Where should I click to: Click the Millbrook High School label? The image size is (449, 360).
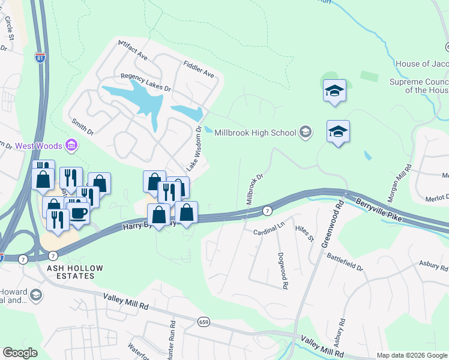coord(255,133)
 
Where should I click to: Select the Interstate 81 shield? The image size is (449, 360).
coord(40,58)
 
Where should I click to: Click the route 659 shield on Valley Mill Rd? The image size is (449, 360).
coord(204,322)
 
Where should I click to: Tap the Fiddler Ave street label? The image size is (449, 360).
coord(199,70)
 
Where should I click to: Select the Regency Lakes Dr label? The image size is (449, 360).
coord(146,82)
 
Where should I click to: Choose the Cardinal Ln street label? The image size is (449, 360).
coord(268,231)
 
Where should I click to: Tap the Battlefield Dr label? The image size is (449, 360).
coord(345,262)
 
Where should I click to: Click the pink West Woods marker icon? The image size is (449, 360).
coord(71,145)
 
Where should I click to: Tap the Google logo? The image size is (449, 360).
coord(20,353)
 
